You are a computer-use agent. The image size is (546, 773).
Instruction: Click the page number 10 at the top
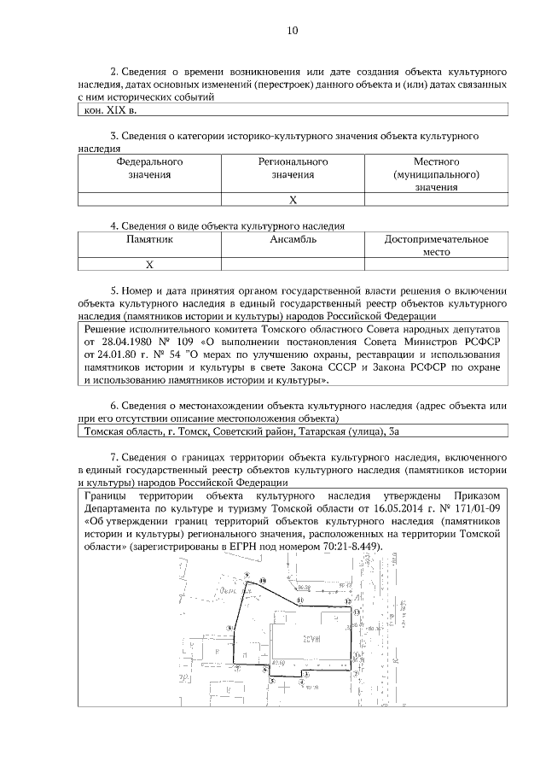(293, 31)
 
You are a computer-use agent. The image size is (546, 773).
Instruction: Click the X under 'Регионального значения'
(293, 199)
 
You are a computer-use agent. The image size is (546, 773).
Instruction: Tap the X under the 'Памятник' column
(149, 264)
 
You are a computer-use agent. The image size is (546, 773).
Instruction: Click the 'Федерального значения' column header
(149, 167)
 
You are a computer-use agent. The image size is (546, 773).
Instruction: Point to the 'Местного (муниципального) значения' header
(436, 174)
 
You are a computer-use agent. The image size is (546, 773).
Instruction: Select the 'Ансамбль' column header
(293, 240)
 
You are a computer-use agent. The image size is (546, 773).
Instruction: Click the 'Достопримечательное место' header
(436, 247)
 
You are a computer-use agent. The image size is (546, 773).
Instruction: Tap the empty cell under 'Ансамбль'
(293, 264)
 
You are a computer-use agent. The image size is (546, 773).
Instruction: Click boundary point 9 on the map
(247, 575)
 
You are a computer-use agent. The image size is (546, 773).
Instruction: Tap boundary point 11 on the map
(300, 600)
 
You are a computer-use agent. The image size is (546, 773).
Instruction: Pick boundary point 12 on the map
(348, 601)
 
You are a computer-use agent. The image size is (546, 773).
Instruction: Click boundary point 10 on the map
(263, 582)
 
